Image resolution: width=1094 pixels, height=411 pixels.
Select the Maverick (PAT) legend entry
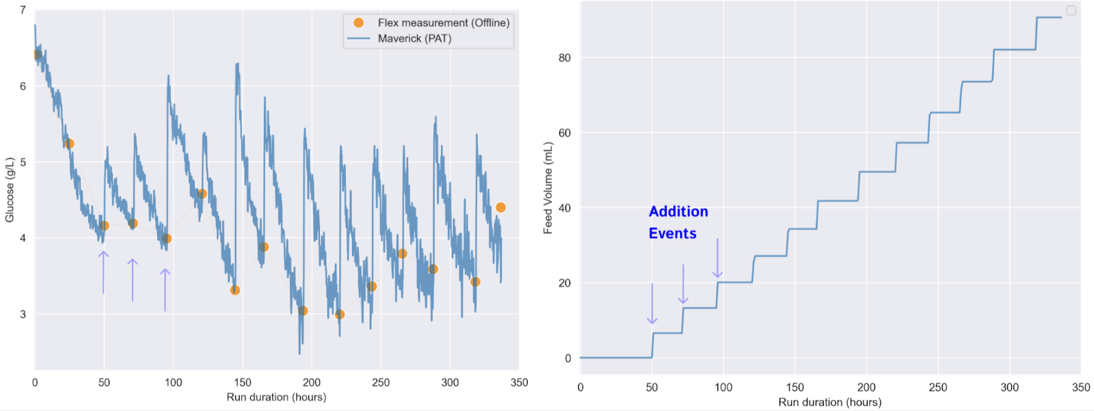pos(414,38)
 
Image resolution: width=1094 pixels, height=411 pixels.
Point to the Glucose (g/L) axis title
pos(10,189)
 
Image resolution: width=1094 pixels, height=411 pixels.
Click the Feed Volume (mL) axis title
pos(548,188)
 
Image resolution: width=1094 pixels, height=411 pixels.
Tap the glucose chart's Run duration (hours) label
pos(276,397)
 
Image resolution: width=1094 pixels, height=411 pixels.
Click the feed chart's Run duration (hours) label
pos(829,402)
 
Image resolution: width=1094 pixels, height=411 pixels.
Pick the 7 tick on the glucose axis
pos(23,10)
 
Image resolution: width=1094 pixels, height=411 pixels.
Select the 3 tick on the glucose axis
pos(23,315)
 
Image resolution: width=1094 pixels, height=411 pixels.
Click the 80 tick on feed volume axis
pos(564,58)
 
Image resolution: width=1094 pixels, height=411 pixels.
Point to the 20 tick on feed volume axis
pos(564,283)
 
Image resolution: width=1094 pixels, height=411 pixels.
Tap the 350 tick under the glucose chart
pos(519,383)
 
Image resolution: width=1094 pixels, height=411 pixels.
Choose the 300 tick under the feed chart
pos(1009,388)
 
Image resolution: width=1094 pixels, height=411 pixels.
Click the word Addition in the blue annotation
pos(678,212)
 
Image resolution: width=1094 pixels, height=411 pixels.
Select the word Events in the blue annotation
pos(672,234)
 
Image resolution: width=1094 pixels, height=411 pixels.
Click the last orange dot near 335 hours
pos(501,207)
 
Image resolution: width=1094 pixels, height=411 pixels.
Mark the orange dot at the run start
pos(37,54)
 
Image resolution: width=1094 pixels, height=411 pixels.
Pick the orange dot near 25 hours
pos(69,144)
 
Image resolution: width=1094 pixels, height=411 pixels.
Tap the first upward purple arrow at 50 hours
pos(103,272)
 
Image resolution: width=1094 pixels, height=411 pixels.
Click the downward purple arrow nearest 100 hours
pos(717,258)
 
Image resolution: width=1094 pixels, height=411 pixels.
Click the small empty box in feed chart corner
pos(1071,10)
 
